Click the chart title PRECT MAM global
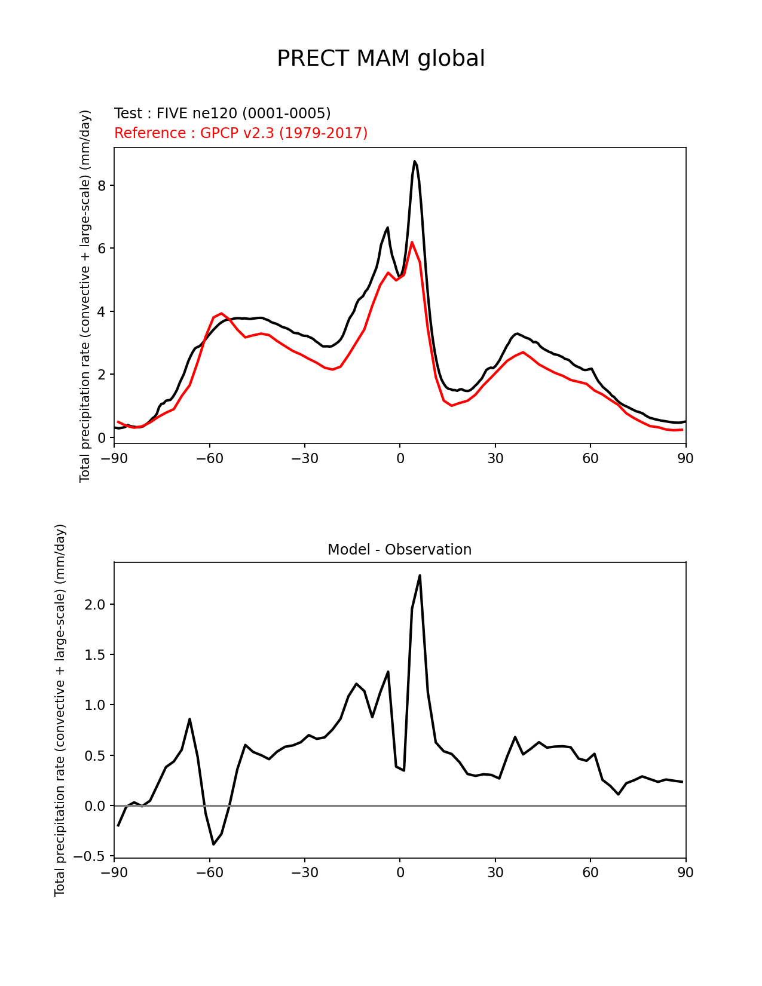coord(381,59)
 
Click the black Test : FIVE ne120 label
coord(222,114)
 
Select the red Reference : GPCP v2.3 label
coord(241,133)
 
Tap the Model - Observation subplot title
coord(399,550)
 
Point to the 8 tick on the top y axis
coord(102,185)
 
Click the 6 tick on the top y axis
coord(102,248)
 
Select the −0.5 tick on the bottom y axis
coord(90,856)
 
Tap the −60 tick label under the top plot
coord(209,458)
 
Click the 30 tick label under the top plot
coord(495,458)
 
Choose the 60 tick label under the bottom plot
coord(590,872)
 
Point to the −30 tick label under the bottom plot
coord(304,872)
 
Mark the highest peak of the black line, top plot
coord(414,161)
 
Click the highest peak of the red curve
coord(412,242)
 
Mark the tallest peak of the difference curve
coord(420,575)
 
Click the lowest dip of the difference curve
coord(213,844)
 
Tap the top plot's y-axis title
coord(85,296)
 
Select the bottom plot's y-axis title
coord(60,710)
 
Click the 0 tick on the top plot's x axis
coord(400,458)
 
